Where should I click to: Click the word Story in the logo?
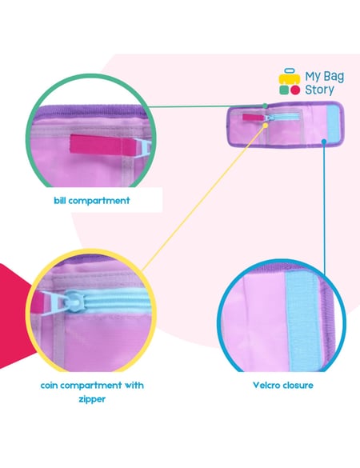pyautogui.click(x=319, y=90)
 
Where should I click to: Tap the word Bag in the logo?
pyautogui.click(x=334, y=77)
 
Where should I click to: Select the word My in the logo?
pyautogui.click(x=313, y=77)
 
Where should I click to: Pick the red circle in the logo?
pyautogui.click(x=295, y=90)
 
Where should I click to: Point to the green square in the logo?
pyautogui.click(x=284, y=90)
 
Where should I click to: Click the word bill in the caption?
pyautogui.click(x=60, y=200)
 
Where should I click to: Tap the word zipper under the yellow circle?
pyautogui.click(x=92, y=399)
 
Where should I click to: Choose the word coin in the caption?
pyautogui.click(x=50, y=386)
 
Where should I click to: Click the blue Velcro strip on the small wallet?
pyautogui.click(x=333, y=123)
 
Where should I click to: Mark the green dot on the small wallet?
pyautogui.click(x=265, y=106)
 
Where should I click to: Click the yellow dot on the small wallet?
pyautogui.click(x=265, y=126)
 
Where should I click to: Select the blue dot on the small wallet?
pyautogui.click(x=324, y=141)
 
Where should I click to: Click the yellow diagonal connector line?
pyautogui.click(x=203, y=198)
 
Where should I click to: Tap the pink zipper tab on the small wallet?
pyautogui.click(x=254, y=118)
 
